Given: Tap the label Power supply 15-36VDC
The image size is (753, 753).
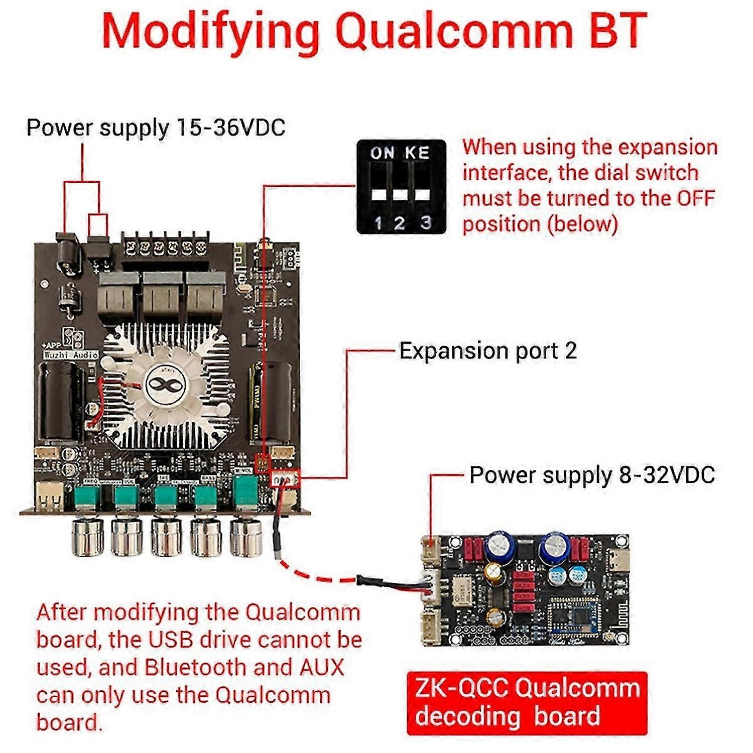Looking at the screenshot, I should click(x=156, y=128).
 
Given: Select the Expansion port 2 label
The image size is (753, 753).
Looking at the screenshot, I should click(x=487, y=350).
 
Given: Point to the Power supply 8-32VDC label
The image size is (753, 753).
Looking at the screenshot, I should click(x=592, y=475).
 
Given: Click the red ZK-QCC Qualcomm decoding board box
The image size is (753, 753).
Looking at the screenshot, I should click(x=527, y=703).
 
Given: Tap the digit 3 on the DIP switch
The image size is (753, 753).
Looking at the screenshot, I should click(x=426, y=222).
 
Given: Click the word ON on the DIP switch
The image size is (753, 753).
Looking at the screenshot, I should click(x=382, y=153).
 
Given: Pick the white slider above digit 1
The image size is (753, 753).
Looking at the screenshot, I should click(x=379, y=194).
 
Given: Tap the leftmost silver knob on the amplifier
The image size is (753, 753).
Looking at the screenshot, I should click(x=88, y=537).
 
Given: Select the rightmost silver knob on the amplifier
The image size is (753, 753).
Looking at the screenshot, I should click(x=246, y=537).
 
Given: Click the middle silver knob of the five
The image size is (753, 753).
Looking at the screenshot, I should click(x=167, y=537).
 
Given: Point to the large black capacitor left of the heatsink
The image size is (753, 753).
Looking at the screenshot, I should click(x=60, y=402).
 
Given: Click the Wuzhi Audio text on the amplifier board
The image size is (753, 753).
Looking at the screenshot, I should click(x=71, y=355).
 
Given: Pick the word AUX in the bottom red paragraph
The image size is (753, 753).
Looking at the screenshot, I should click(x=322, y=668).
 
